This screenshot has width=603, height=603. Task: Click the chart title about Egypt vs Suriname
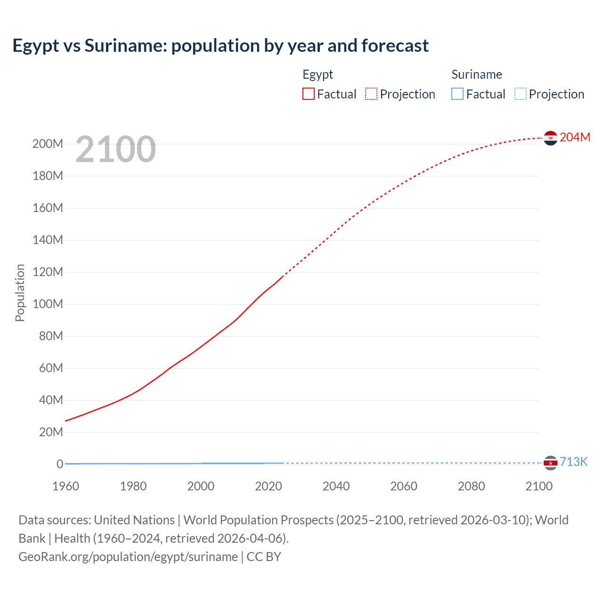[x=220, y=46]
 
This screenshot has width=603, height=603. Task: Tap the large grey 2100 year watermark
[x=115, y=149]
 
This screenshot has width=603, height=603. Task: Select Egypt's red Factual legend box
[x=309, y=94]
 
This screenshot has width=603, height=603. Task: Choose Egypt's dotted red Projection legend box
[x=371, y=94]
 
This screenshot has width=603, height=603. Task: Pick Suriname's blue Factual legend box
[x=457, y=94]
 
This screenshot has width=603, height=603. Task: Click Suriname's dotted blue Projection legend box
[x=521, y=94]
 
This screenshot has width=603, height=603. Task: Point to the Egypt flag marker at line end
[x=550, y=138]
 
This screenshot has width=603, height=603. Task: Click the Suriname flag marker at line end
[x=550, y=463]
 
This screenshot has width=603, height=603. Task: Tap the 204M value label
[x=575, y=137]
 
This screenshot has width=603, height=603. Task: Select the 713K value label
[x=573, y=462]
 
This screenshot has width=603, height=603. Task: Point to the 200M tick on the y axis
[x=48, y=144]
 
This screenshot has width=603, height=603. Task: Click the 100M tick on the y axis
[x=48, y=304]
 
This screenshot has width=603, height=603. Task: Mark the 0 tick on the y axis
[x=60, y=464]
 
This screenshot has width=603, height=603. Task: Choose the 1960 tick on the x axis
[x=65, y=486]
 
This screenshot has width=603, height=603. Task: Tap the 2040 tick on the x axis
[x=336, y=486]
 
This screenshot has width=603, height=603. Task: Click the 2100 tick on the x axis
[x=539, y=486]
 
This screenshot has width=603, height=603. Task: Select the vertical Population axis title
[x=20, y=293]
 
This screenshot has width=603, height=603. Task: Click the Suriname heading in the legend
[x=477, y=74]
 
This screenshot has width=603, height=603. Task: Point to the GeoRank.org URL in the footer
[x=128, y=557]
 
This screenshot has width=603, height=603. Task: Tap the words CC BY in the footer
[x=264, y=557]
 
